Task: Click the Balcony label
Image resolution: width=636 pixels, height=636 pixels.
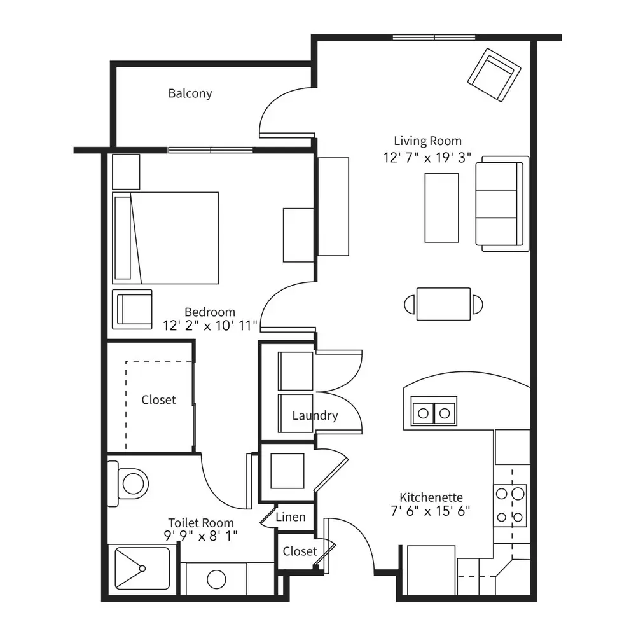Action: click(x=190, y=93)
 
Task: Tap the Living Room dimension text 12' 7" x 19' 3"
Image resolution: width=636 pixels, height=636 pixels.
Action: click(x=427, y=158)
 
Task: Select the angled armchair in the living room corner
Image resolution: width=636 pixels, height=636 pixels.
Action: click(x=494, y=75)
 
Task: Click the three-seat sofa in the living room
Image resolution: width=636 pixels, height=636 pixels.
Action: click(x=502, y=204)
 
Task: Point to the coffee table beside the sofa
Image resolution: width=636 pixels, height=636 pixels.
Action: click(x=442, y=208)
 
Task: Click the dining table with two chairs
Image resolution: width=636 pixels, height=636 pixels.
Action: click(x=443, y=304)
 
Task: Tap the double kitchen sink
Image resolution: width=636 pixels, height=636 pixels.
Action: click(x=434, y=411)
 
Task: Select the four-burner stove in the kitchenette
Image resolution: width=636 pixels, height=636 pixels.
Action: click(x=510, y=506)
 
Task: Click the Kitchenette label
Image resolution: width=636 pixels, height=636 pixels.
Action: click(x=431, y=497)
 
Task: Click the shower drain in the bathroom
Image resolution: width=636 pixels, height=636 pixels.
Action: click(x=142, y=569)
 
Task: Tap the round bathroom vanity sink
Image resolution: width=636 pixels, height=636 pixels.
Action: click(x=216, y=579)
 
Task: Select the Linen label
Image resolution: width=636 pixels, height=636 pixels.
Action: click(x=291, y=516)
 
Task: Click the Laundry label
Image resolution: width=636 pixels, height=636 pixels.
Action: click(x=315, y=416)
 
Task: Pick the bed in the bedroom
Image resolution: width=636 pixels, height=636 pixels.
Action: click(x=165, y=238)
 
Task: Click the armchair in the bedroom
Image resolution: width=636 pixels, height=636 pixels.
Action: click(x=132, y=309)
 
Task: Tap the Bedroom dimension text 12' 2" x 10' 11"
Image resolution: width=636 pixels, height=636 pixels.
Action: click(x=210, y=326)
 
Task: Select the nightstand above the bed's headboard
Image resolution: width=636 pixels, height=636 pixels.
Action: click(x=126, y=172)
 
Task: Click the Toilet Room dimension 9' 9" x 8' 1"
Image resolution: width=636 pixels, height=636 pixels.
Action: click(x=201, y=536)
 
